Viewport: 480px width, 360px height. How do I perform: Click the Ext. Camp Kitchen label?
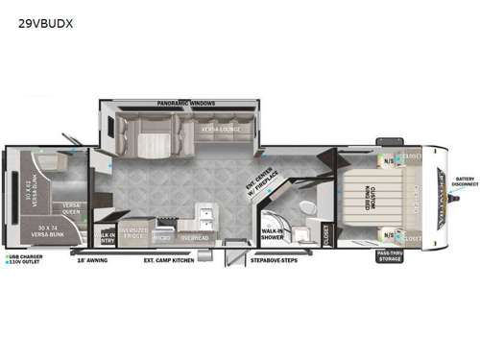(169, 259)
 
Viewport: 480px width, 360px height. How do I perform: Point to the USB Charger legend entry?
(26, 256)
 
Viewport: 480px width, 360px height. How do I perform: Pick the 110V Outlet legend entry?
(26, 263)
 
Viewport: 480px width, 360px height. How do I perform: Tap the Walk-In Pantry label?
(106, 236)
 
